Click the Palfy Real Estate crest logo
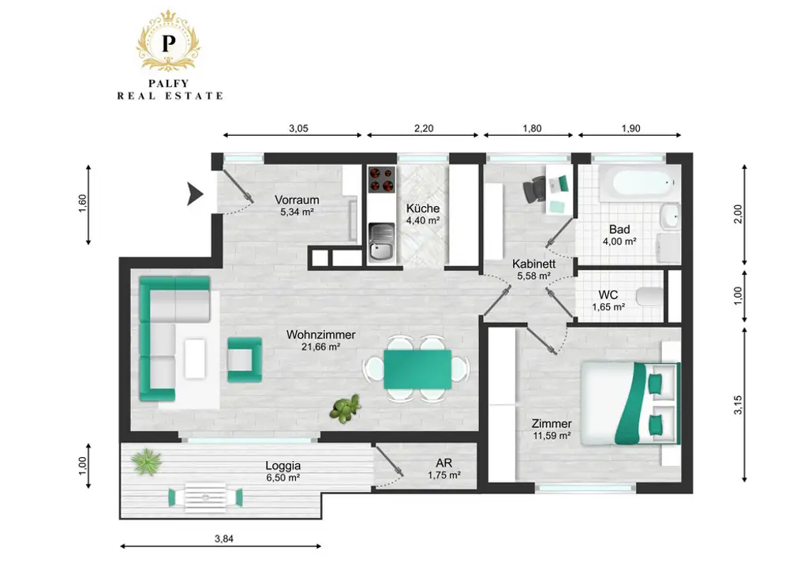coord(169,40)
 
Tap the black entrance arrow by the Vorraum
coord(195,193)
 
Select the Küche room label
coord(423,208)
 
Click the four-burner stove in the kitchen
coord(382,179)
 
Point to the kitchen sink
coord(381,242)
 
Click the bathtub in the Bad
coord(638,183)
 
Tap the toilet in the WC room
coord(650,296)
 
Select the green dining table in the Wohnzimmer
coord(417,369)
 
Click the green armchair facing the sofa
coord(245,360)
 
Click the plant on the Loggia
coord(146,461)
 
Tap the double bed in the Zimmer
coord(630,403)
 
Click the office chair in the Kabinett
coord(534,189)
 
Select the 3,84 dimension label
coord(224,538)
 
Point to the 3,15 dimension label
coord(739,405)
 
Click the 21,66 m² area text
coord(320,347)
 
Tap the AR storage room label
coord(443,463)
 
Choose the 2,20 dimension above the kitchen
coord(424,129)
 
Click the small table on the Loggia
coord(206,497)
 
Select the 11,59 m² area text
coord(552,436)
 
